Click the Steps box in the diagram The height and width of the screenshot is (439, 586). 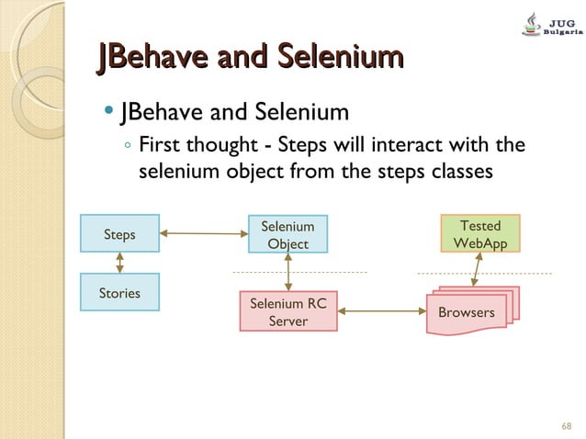tap(119, 234)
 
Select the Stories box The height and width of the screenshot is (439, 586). tap(119, 293)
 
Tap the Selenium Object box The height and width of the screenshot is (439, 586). tap(287, 234)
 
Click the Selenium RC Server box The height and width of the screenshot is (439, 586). tap(287, 311)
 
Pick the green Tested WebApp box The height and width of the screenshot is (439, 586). tap(479, 234)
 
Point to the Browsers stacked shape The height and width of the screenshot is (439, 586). tap(468, 312)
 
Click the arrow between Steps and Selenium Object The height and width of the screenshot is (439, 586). tap(204, 234)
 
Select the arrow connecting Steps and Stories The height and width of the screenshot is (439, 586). tap(120, 263)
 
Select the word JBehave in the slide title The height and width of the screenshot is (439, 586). tap(145, 60)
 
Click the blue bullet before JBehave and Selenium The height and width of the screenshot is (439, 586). tap(109, 113)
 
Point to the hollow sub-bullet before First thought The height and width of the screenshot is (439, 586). tap(129, 145)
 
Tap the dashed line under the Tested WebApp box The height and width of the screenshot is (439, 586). tap(484, 273)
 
